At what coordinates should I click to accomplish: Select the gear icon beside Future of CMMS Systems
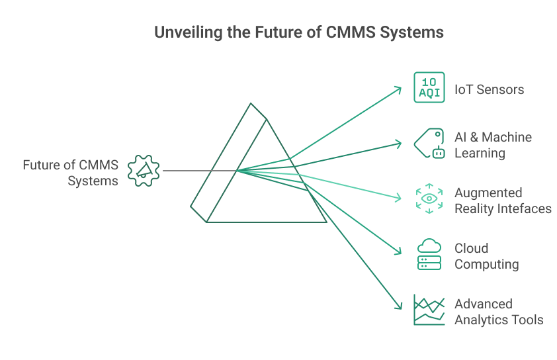pyautogui.click(x=144, y=171)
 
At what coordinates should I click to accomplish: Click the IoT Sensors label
pyautogui.click(x=489, y=89)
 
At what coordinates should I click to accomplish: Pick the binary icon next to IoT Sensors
pyautogui.click(x=429, y=87)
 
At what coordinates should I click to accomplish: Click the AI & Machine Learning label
pyautogui.click(x=493, y=145)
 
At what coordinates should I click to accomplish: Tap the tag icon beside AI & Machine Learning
pyautogui.click(x=429, y=144)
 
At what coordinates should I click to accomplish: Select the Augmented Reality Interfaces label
pyautogui.click(x=503, y=201)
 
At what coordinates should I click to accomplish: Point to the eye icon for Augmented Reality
pyautogui.click(x=429, y=199)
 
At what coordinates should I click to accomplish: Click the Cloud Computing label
pyautogui.click(x=486, y=256)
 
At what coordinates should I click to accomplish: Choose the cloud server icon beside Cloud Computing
pyautogui.click(x=429, y=254)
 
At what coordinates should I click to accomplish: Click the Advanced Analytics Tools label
pyautogui.click(x=498, y=312)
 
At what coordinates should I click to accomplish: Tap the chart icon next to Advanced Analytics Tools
pyautogui.click(x=429, y=310)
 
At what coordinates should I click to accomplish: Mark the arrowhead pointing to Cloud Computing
pyautogui.click(x=398, y=251)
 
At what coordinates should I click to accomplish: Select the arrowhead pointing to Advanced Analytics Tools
pyautogui.click(x=398, y=306)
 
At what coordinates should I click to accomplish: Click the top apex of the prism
pyautogui.click(x=251, y=104)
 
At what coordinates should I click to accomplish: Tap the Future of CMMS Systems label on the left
pyautogui.click(x=70, y=172)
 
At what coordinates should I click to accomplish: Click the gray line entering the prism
pyautogui.click(x=192, y=171)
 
